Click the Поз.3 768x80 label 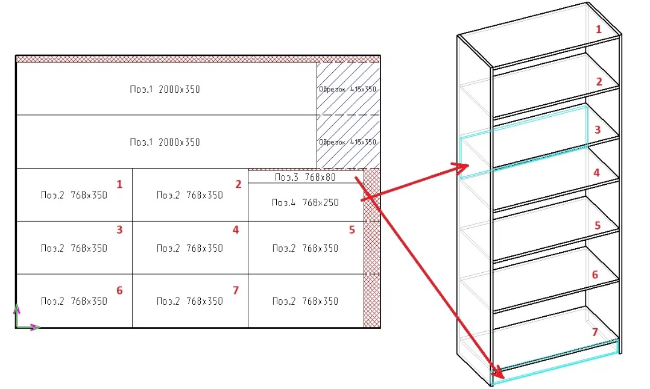(305, 178)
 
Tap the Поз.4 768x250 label (305, 202)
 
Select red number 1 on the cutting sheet (119, 184)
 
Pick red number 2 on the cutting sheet (238, 184)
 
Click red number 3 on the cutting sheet (119, 229)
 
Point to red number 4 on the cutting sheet (236, 229)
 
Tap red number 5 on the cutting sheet (352, 229)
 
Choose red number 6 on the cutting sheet (119, 290)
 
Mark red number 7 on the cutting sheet (236, 290)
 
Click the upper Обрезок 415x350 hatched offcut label (348, 89)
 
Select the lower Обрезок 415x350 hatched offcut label (348, 142)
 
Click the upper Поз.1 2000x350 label (165, 89)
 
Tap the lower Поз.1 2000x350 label (165, 142)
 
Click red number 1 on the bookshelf (598, 29)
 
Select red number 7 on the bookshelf (595, 332)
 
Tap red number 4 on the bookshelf (596, 172)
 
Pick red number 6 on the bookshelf (595, 275)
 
